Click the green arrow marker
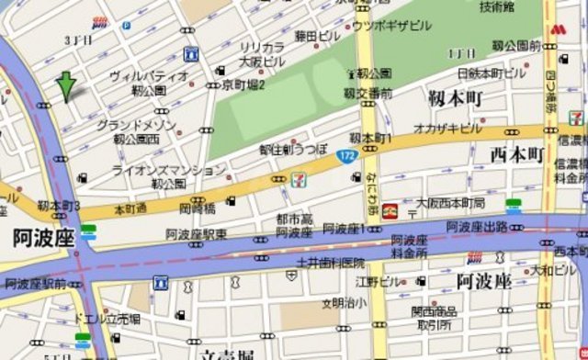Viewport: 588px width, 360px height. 66,85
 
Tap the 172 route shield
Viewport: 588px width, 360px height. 345,157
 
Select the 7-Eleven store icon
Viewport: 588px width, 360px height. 299,179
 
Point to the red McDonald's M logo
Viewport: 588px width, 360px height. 557,31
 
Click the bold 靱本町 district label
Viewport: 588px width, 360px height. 456,96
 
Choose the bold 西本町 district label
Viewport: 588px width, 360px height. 517,153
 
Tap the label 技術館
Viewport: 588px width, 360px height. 496,7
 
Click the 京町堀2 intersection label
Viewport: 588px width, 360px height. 243,84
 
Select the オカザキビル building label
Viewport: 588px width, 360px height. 447,128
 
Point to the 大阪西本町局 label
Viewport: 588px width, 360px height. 450,202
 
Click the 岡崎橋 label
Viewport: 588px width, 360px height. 198,209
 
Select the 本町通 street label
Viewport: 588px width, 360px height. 130,209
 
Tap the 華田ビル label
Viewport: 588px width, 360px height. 318,36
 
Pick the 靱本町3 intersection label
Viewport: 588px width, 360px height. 61,206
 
